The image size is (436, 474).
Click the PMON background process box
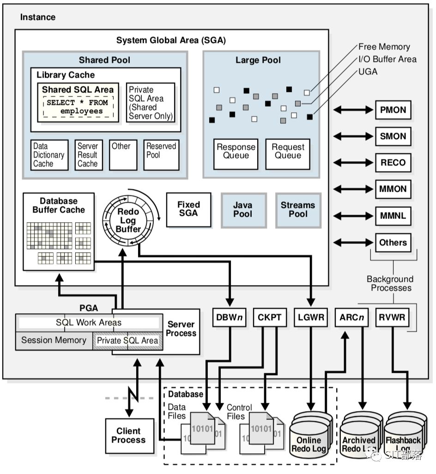tap(393, 110)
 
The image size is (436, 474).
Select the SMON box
tap(393, 136)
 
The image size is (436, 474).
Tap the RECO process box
tap(393, 163)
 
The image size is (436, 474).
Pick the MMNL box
tap(393, 215)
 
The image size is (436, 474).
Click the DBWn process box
tap(230, 317)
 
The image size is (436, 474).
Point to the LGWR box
tap(311, 317)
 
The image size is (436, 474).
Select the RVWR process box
tap(393, 317)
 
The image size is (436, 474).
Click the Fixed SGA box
tap(188, 209)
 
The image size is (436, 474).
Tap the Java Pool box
tap(243, 209)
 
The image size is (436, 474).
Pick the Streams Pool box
tap(298, 209)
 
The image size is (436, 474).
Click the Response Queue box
tap(236, 152)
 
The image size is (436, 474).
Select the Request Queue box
tap(288, 152)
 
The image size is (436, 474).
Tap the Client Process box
tap(128, 435)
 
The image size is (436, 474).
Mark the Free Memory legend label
tap(384, 47)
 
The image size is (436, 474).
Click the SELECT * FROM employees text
tap(77, 107)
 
